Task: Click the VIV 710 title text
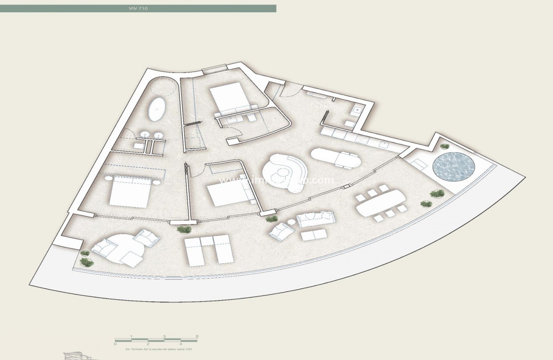[138, 8]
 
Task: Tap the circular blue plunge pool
[454, 166]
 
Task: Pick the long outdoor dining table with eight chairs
[381, 203]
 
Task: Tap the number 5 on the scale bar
[196, 337]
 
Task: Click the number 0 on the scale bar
[115, 344]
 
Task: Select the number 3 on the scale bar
[164, 337]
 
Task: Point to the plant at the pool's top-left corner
[444, 146]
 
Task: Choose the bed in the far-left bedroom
[130, 191]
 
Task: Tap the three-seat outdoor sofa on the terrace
[315, 218]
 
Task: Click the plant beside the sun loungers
[183, 229]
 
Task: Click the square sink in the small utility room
[357, 110]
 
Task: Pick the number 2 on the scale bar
[148, 344]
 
